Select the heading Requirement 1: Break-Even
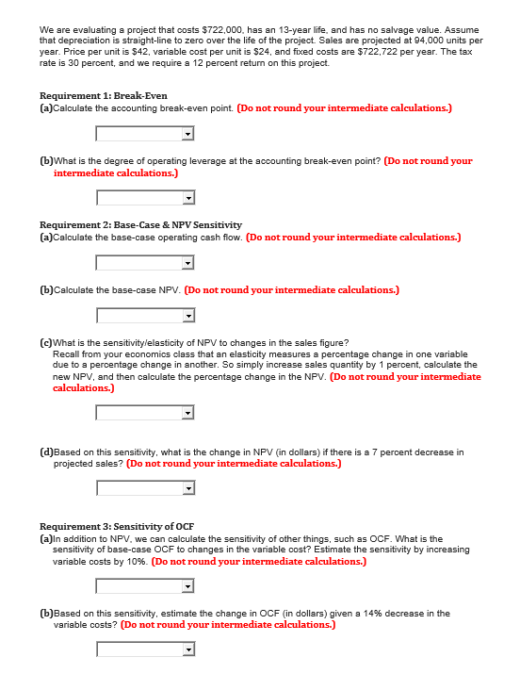coord(104,96)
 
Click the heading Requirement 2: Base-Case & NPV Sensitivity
coord(140,224)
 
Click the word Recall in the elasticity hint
coord(66,353)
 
